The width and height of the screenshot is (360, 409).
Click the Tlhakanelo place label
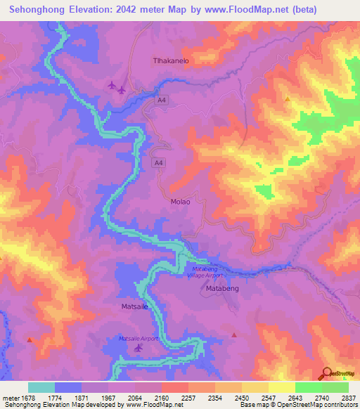tap(172, 61)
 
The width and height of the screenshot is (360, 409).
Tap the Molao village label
tap(180, 202)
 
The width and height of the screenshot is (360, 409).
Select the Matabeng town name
tap(223, 288)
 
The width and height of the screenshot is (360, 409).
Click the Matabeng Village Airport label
tap(207, 273)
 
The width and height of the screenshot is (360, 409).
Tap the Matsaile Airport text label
tap(139, 338)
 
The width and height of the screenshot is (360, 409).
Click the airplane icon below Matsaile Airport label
tap(138, 348)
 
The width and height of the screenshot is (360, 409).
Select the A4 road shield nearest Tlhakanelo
tap(162, 102)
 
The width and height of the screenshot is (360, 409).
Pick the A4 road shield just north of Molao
tap(159, 163)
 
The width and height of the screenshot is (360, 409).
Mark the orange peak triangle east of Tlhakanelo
tap(287, 99)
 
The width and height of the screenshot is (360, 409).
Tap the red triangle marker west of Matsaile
tap(29, 339)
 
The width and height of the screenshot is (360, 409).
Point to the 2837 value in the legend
tap(347, 398)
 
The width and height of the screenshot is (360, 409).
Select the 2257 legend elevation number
tap(188, 398)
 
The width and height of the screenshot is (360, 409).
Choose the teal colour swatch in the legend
tap(41, 387)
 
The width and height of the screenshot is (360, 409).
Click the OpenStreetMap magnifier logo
tap(327, 373)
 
